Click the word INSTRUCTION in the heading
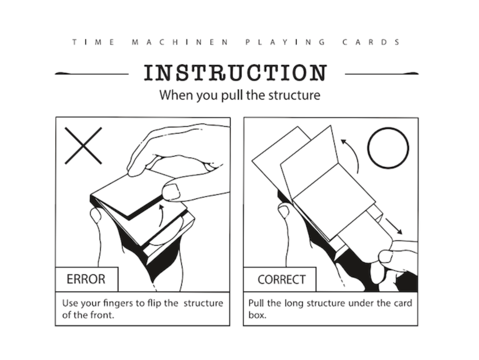pyautogui.click(x=236, y=73)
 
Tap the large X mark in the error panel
pyautogui.click(x=83, y=145)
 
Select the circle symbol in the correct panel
pyautogui.click(x=388, y=148)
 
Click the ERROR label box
pyautogui.click(x=87, y=279)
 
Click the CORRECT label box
pyautogui.click(x=280, y=279)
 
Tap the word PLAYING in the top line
pyautogui.click(x=285, y=42)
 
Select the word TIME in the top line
pyautogui.click(x=93, y=42)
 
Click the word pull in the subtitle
pyautogui.click(x=232, y=95)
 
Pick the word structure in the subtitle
pyautogui.click(x=294, y=95)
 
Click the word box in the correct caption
pyautogui.click(x=257, y=315)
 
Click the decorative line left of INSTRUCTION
pyautogui.click(x=92, y=74)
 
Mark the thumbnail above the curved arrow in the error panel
pyautogui.click(x=171, y=192)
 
